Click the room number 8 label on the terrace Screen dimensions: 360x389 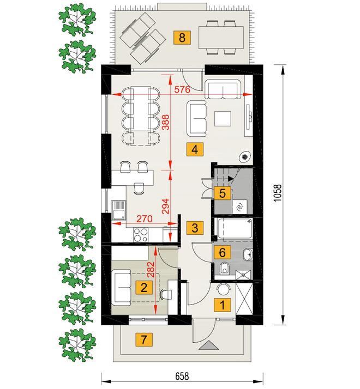182,38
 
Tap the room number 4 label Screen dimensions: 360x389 195,149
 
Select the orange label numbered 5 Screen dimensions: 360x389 223,193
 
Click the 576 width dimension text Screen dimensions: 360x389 182,89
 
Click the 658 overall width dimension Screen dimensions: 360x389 182,376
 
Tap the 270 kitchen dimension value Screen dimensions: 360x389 145,218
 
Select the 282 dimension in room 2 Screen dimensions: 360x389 151,270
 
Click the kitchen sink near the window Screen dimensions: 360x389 118,210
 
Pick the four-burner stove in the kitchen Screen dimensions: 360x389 140,235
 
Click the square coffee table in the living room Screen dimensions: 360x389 223,119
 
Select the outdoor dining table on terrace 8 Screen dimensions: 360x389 221,38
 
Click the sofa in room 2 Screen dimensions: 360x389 121,288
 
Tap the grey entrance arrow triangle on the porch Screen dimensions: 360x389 208,345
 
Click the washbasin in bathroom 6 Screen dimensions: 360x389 248,254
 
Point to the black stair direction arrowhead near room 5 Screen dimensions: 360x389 231,178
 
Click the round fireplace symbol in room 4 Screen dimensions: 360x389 245,156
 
